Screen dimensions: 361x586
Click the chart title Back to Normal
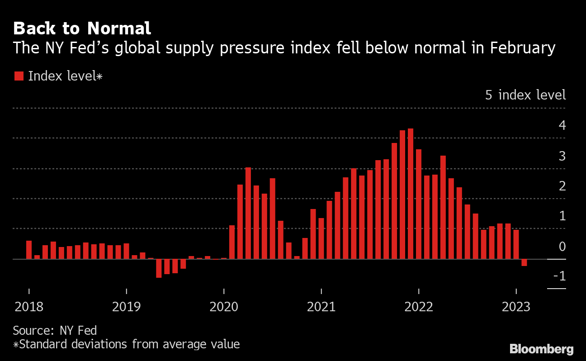(82, 28)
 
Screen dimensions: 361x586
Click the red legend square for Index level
(19, 76)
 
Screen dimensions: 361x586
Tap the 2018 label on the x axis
(29, 307)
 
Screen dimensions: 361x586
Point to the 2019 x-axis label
(127, 307)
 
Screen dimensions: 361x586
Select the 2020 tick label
(224, 307)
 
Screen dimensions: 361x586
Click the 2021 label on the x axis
(321, 307)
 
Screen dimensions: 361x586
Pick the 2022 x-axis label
(419, 307)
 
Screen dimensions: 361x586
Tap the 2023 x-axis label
(516, 307)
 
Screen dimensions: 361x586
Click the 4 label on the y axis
(562, 125)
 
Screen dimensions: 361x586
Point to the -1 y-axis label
(559, 276)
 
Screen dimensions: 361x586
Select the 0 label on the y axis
(562, 247)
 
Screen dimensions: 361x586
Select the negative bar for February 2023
(524, 262)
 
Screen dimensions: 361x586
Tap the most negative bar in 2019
(159, 268)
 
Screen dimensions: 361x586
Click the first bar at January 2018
(29, 250)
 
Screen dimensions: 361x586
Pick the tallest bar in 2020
(248, 213)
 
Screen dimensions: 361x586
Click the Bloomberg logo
(541, 349)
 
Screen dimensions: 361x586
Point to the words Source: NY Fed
(55, 330)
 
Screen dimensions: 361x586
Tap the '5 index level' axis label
(525, 95)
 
